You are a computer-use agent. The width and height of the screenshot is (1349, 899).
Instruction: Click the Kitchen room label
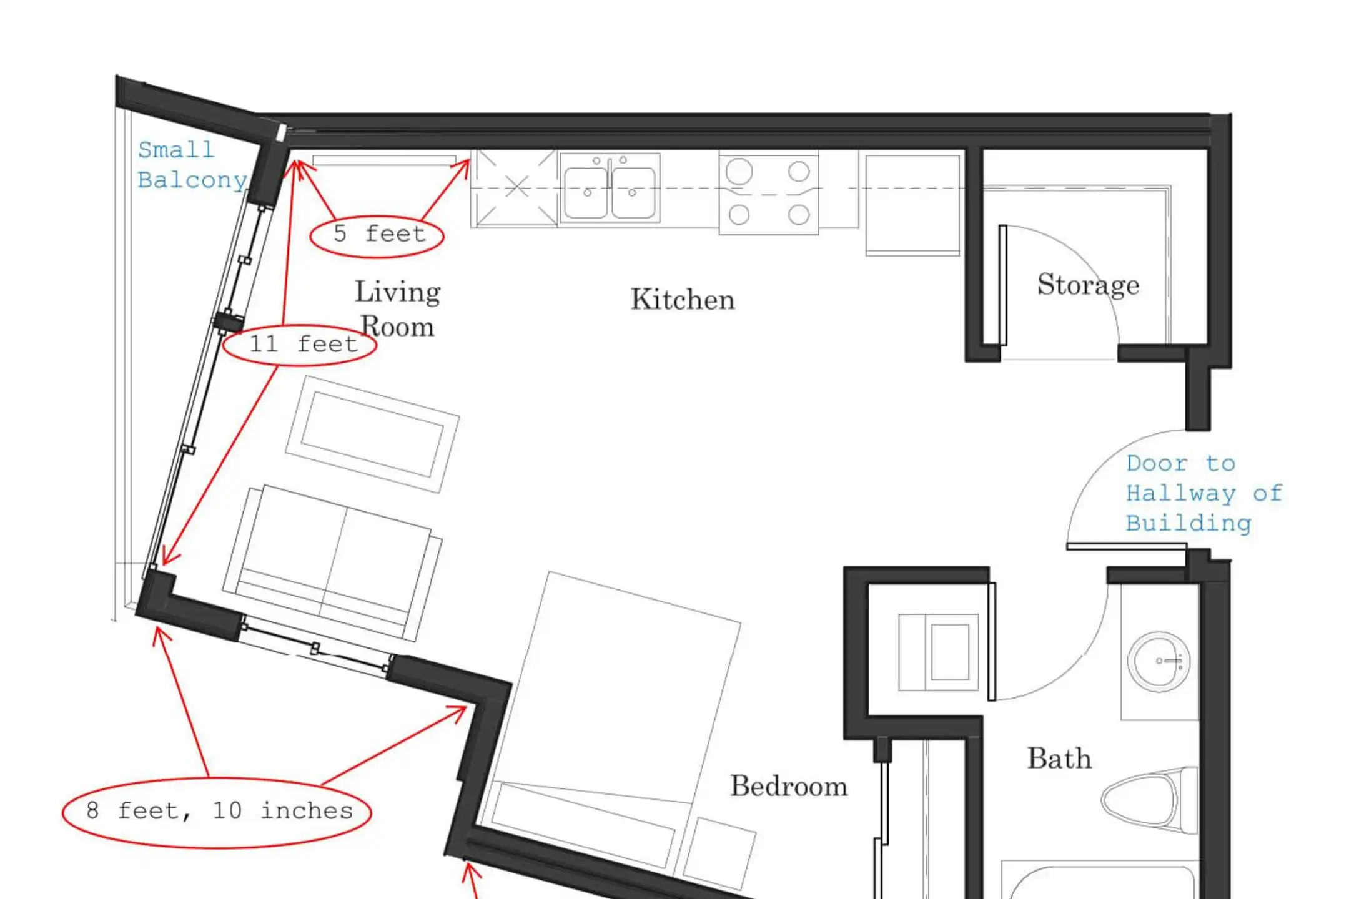[683, 300]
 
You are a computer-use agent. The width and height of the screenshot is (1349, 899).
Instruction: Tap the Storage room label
[1089, 285]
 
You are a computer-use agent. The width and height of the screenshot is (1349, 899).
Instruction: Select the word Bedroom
[789, 786]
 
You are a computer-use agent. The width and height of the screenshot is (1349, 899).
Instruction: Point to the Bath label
[1060, 759]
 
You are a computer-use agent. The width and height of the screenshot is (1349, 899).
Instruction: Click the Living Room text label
[398, 309]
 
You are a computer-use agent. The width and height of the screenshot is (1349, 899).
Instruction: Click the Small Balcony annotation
[192, 165]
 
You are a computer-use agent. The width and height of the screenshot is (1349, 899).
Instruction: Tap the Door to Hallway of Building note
[1204, 494]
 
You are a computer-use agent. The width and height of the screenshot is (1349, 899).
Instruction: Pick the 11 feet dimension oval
[300, 345]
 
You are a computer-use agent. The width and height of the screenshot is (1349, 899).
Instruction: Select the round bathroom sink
[1159, 662]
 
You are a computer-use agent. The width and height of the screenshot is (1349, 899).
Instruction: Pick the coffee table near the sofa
[372, 434]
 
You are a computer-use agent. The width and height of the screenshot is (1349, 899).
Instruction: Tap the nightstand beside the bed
[719, 854]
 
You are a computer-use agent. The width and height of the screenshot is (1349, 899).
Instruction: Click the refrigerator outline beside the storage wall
[912, 205]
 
